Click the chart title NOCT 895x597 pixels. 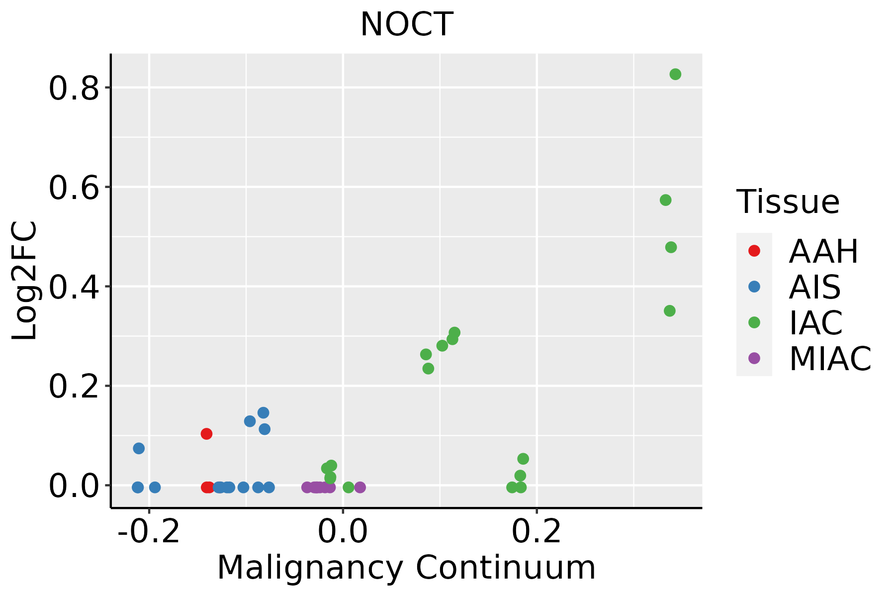click(406, 25)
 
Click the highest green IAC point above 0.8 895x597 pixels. click(675, 75)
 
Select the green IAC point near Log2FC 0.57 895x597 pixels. click(665, 200)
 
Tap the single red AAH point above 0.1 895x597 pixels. click(206, 434)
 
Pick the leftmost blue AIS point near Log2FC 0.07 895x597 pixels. click(139, 448)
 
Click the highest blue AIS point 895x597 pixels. click(263, 412)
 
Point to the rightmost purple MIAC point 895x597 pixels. click(360, 487)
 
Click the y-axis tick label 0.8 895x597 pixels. click(73, 90)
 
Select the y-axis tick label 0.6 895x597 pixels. click(73, 189)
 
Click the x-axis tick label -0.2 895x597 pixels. click(148, 532)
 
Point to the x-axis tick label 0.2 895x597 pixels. click(537, 532)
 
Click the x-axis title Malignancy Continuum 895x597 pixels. click(406, 568)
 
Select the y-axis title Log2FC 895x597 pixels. click(25, 281)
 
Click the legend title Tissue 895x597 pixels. click(788, 202)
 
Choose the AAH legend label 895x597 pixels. click(823, 251)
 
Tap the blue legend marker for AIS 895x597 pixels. click(754, 287)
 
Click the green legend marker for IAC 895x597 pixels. click(754, 322)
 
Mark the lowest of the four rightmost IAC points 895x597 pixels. click(670, 311)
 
